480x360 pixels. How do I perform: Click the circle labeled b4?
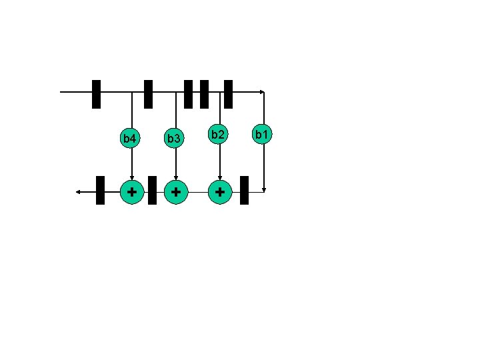pyautogui.click(x=131, y=139)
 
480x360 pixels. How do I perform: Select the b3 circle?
pyautogui.click(x=175, y=139)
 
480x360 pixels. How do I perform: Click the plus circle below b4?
pyautogui.click(x=132, y=191)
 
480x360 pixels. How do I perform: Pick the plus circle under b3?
pyautogui.click(x=175, y=191)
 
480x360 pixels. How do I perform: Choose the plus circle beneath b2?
pyautogui.click(x=220, y=191)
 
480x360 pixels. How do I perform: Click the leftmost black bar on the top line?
pyautogui.click(x=96, y=94)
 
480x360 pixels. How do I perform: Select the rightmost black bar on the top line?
pyautogui.click(x=228, y=94)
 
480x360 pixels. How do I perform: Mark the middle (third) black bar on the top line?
pyautogui.click(x=188, y=94)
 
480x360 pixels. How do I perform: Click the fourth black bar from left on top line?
pyautogui.click(x=204, y=94)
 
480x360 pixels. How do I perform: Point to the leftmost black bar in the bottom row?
pyautogui.click(x=100, y=190)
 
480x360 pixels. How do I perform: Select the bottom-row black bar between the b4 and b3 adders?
pyautogui.click(x=152, y=190)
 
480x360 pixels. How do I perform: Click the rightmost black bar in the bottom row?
pyautogui.click(x=244, y=190)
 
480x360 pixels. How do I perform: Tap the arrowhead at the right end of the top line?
pyautogui.click(x=262, y=92)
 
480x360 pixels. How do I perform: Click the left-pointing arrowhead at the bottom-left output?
pyautogui.click(x=78, y=192)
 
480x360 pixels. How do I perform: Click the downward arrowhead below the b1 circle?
pyautogui.click(x=264, y=189)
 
